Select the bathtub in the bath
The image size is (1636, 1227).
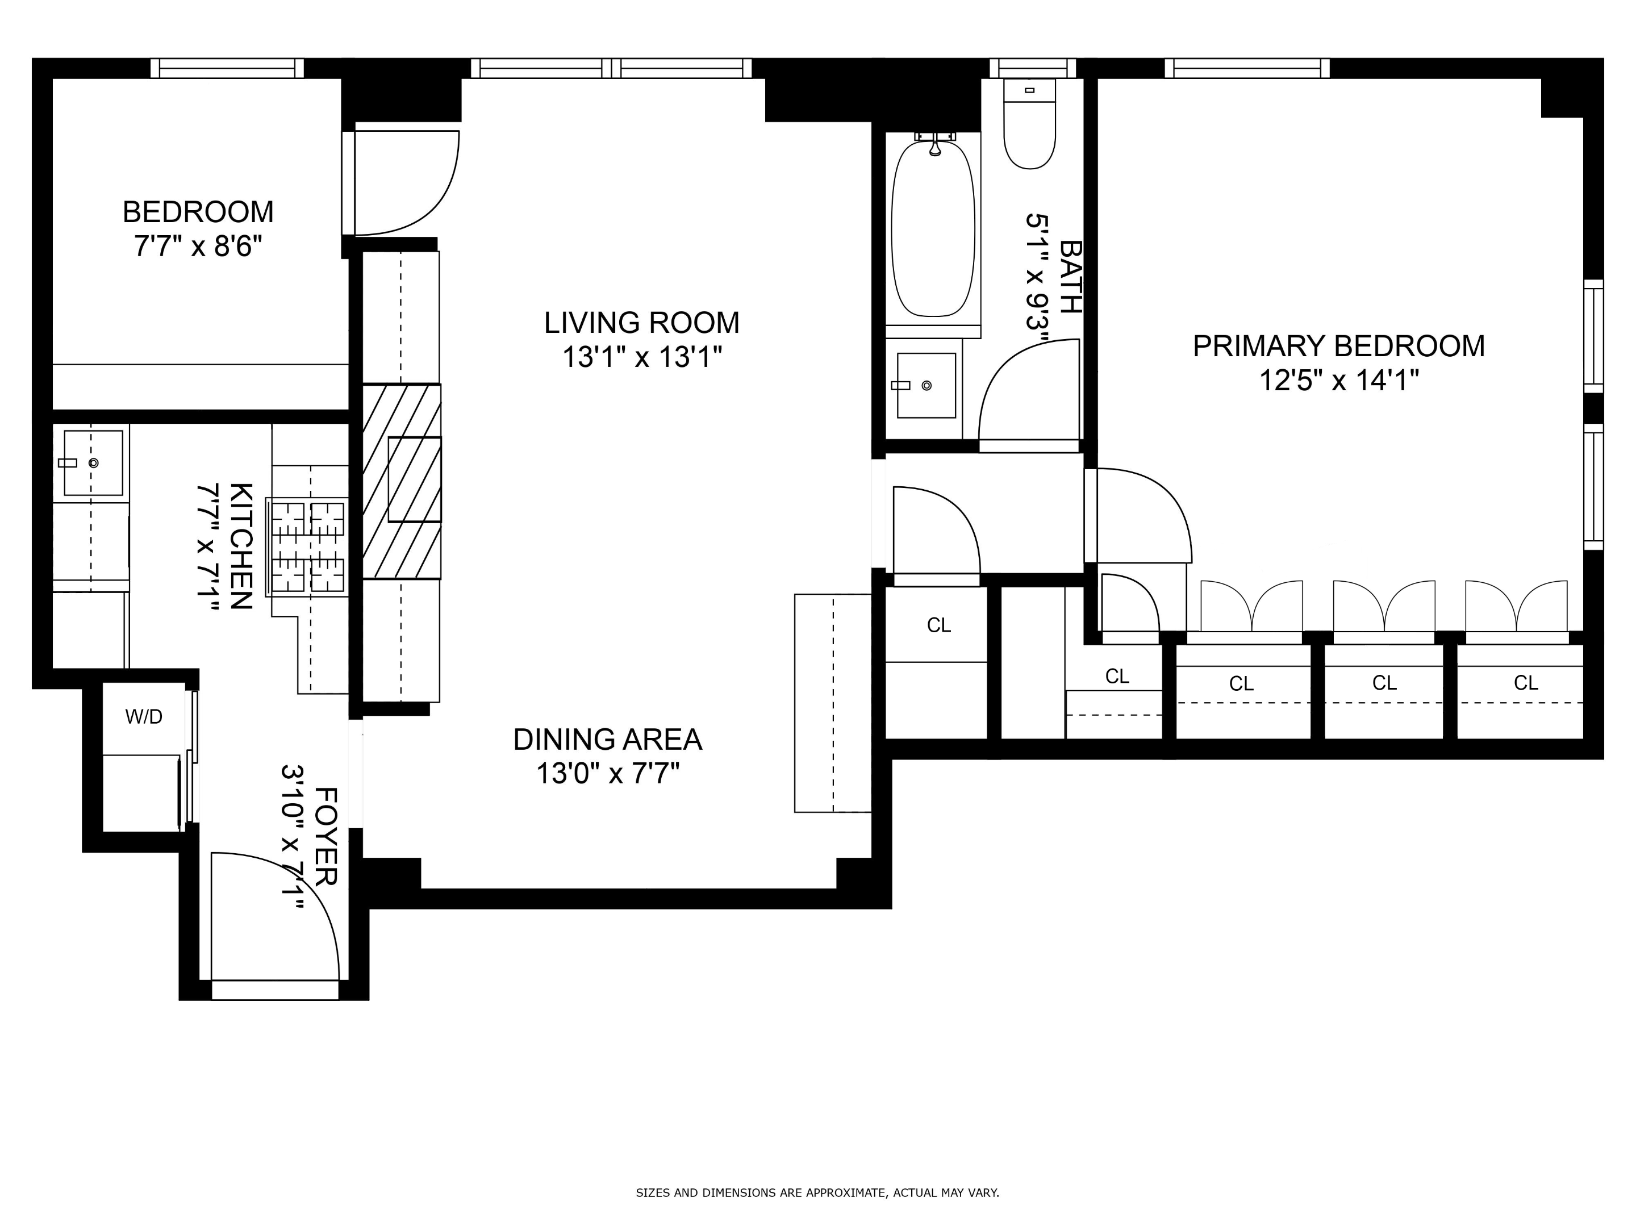coord(933,229)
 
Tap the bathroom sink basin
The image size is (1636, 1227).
coord(925,385)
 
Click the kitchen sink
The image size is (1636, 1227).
coord(93,463)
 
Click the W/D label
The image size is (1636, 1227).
coord(144,717)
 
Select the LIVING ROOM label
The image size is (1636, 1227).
coord(641,323)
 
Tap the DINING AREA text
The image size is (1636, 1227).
coord(607,740)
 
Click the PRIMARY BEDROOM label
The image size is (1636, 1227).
coord(1338,346)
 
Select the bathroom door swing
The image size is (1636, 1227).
coord(1028,392)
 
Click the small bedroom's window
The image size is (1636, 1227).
coord(227,68)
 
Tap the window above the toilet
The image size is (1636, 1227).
coord(1033,68)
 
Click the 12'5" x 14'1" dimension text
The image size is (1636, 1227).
coord(1338,381)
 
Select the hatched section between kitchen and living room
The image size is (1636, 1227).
coord(402,481)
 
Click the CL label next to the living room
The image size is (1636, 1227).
coord(938,625)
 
